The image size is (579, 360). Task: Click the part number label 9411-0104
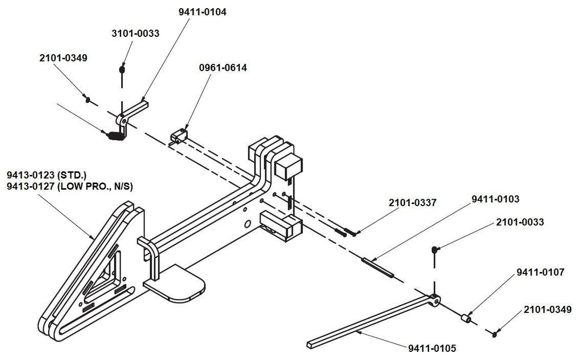[202, 12]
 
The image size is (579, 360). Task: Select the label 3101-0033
[135, 34]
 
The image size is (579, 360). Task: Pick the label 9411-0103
[495, 199]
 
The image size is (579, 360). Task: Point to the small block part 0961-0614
[179, 135]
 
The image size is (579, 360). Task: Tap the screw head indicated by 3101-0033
[122, 69]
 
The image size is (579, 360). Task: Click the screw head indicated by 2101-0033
[435, 249]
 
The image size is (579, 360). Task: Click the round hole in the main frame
[247, 224]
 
